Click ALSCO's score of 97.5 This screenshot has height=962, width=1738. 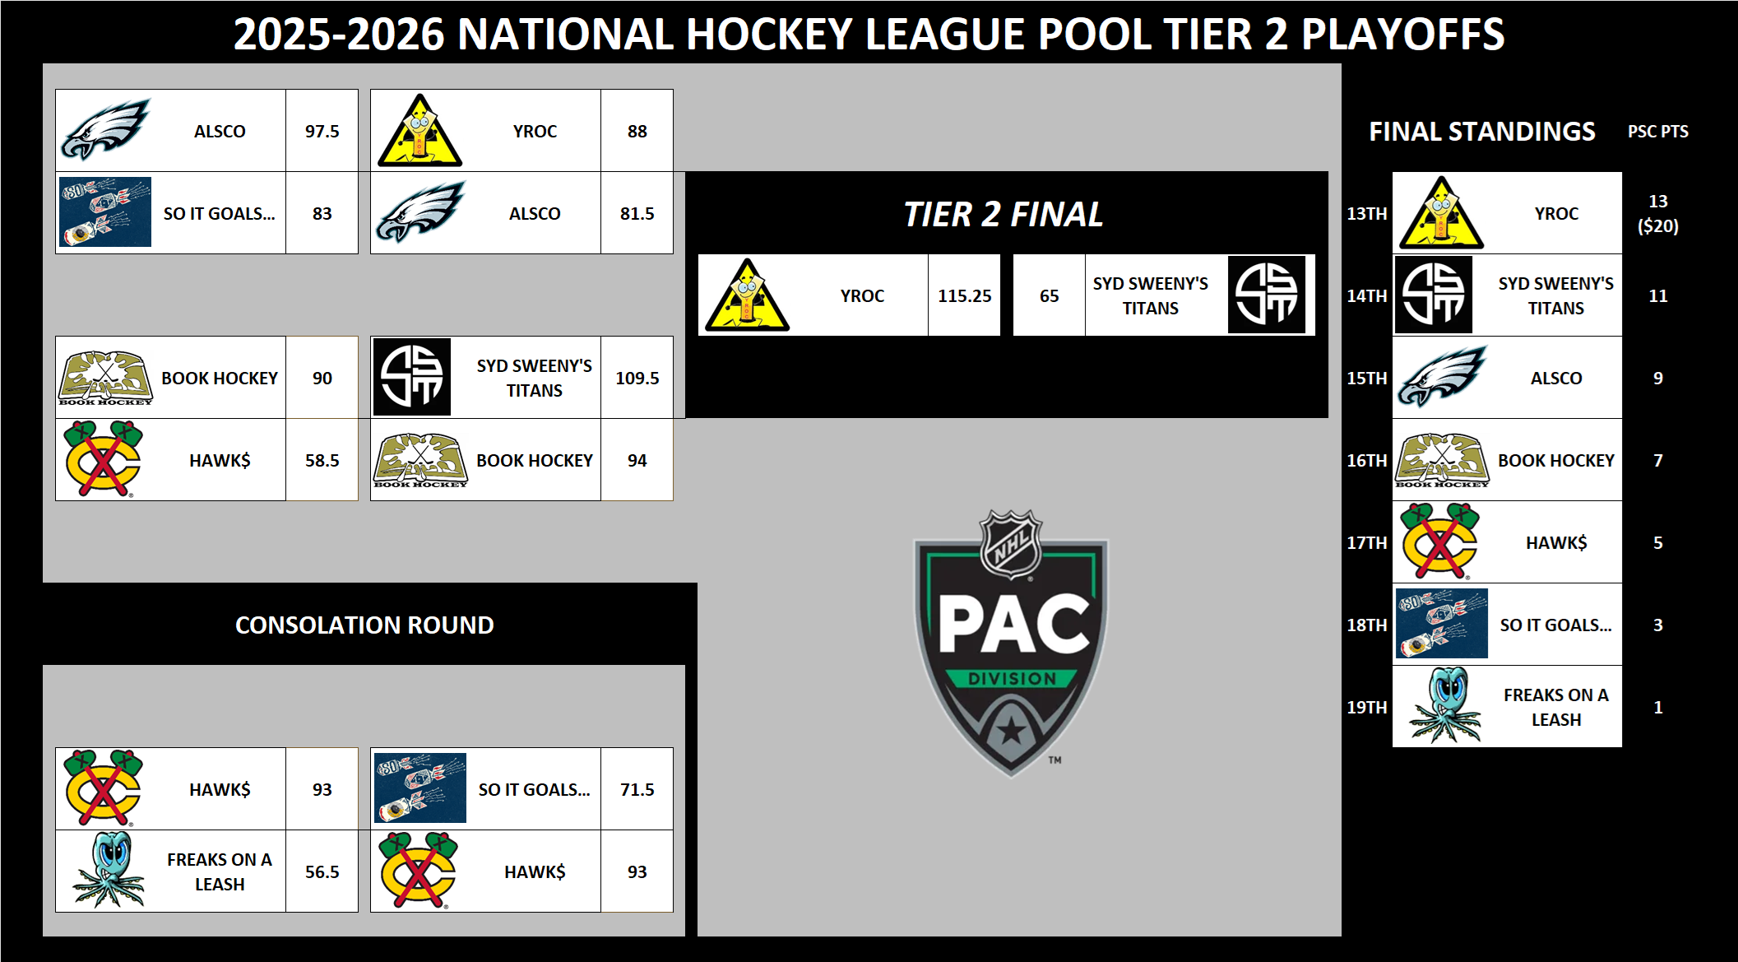322,132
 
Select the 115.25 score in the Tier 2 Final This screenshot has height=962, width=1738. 964,296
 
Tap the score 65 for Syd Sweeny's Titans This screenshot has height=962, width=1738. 1049,296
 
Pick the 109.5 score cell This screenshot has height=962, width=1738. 637,379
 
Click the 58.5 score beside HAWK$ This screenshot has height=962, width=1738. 322,461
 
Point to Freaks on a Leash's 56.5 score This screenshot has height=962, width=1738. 322,872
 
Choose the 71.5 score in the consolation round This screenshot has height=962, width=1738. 637,790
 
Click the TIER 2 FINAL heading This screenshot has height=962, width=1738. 1003,215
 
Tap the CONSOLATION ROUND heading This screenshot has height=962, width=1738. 364,625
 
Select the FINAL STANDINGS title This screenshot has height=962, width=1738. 1481,132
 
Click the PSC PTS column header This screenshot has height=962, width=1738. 1657,132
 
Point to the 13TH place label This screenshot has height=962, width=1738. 1366,214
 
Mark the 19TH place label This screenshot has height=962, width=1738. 1366,708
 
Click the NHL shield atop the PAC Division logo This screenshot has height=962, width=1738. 1011,544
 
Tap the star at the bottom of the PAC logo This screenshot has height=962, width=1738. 1011,730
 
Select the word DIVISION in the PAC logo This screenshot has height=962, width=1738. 1012,679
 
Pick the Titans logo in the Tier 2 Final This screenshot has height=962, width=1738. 1266,295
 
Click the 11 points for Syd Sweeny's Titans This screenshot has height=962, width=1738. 1657,296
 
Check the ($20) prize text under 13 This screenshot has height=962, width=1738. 1657,226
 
